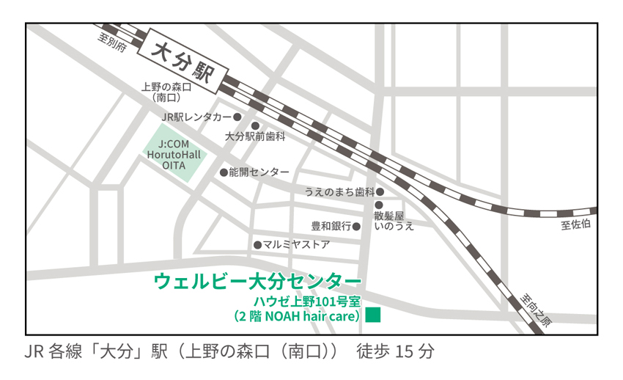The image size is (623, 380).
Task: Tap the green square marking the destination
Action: (373, 315)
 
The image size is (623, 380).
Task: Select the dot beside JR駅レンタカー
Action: (237, 117)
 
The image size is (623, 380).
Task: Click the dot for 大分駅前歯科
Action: (256, 125)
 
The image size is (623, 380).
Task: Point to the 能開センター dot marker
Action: (224, 172)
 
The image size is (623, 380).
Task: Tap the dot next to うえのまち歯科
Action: (380, 191)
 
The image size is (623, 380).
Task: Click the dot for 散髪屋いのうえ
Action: (379, 205)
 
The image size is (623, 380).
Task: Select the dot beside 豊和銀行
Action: (357, 226)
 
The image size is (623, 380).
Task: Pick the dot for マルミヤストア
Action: (257, 244)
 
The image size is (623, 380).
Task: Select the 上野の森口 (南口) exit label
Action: (166, 91)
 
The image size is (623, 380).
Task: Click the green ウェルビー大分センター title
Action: (257, 280)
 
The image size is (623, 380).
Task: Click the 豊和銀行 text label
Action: (331, 226)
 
